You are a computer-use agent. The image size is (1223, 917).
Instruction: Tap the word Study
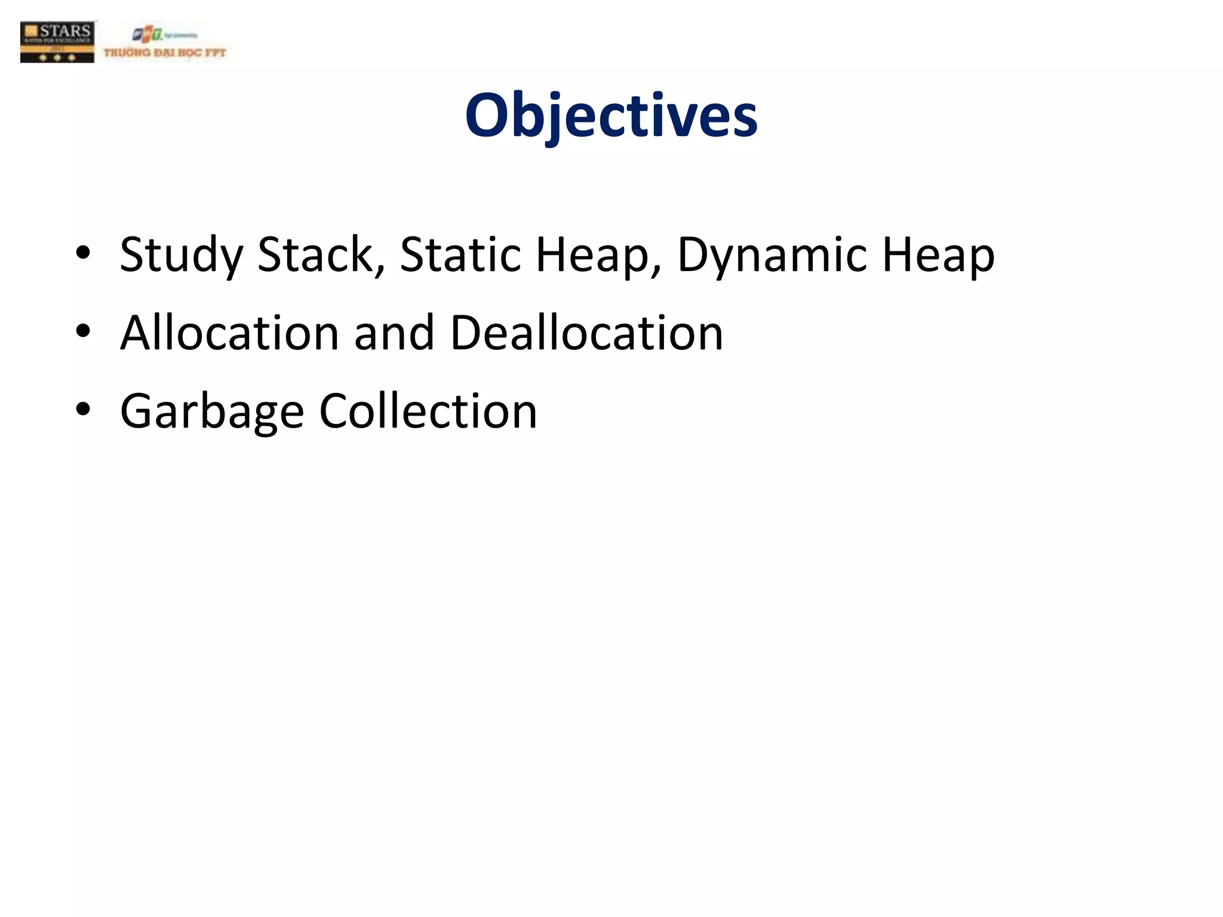pyautogui.click(x=181, y=255)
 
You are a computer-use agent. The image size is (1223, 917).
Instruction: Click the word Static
pyautogui.click(x=460, y=255)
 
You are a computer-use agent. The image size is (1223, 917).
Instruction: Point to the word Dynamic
pyautogui.click(x=772, y=255)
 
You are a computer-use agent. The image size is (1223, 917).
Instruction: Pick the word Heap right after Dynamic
pyautogui.click(x=938, y=255)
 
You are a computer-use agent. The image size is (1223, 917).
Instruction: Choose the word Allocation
pyautogui.click(x=230, y=333)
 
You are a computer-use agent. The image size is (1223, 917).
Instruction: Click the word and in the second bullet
pyautogui.click(x=394, y=333)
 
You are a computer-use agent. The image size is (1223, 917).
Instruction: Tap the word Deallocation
pyautogui.click(x=586, y=333)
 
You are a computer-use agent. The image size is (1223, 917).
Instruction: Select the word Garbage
pyautogui.click(x=212, y=411)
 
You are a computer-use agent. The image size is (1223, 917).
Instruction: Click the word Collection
pyautogui.click(x=428, y=411)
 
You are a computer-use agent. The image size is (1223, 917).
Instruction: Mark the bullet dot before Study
pyautogui.click(x=83, y=253)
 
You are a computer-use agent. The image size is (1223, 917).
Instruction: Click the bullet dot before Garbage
pyautogui.click(x=83, y=409)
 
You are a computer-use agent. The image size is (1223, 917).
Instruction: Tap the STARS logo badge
pyautogui.click(x=57, y=42)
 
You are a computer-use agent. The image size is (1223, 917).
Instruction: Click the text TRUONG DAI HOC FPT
pyautogui.click(x=165, y=53)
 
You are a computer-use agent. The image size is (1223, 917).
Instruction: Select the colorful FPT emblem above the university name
pyautogui.click(x=147, y=35)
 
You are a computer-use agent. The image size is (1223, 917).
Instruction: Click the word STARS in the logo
pyautogui.click(x=64, y=30)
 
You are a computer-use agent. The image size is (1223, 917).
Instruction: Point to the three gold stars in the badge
pyautogui.click(x=57, y=58)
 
